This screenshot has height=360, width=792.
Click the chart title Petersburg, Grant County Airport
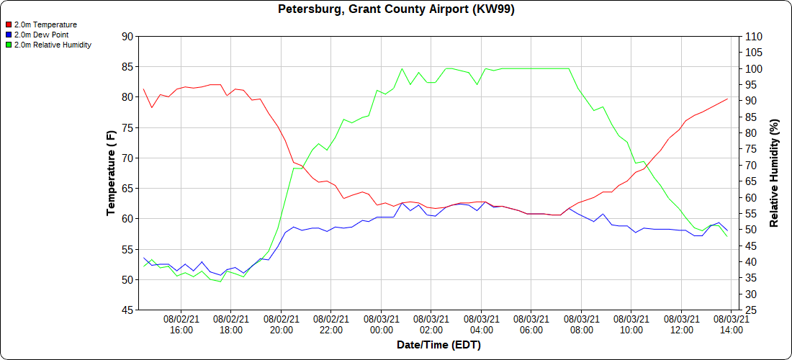396,9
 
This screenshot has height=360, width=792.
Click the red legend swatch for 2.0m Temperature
9,24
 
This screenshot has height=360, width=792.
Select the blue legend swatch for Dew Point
9,35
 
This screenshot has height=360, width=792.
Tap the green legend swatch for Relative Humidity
9,45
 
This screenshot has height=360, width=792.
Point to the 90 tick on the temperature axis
127,36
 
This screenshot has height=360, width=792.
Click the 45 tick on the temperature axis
127,310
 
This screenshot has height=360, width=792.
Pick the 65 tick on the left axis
127,189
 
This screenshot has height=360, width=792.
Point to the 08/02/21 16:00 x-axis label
181,324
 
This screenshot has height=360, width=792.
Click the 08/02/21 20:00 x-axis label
281,324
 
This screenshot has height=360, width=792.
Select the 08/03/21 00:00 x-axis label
382,324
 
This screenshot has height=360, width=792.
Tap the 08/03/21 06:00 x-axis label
531,324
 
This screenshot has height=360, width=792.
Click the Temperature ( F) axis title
111,173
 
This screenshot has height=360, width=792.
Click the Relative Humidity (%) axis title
775,173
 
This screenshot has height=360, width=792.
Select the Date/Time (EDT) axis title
438,345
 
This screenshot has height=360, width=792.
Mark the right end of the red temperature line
728,99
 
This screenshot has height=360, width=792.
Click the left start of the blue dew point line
144,258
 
